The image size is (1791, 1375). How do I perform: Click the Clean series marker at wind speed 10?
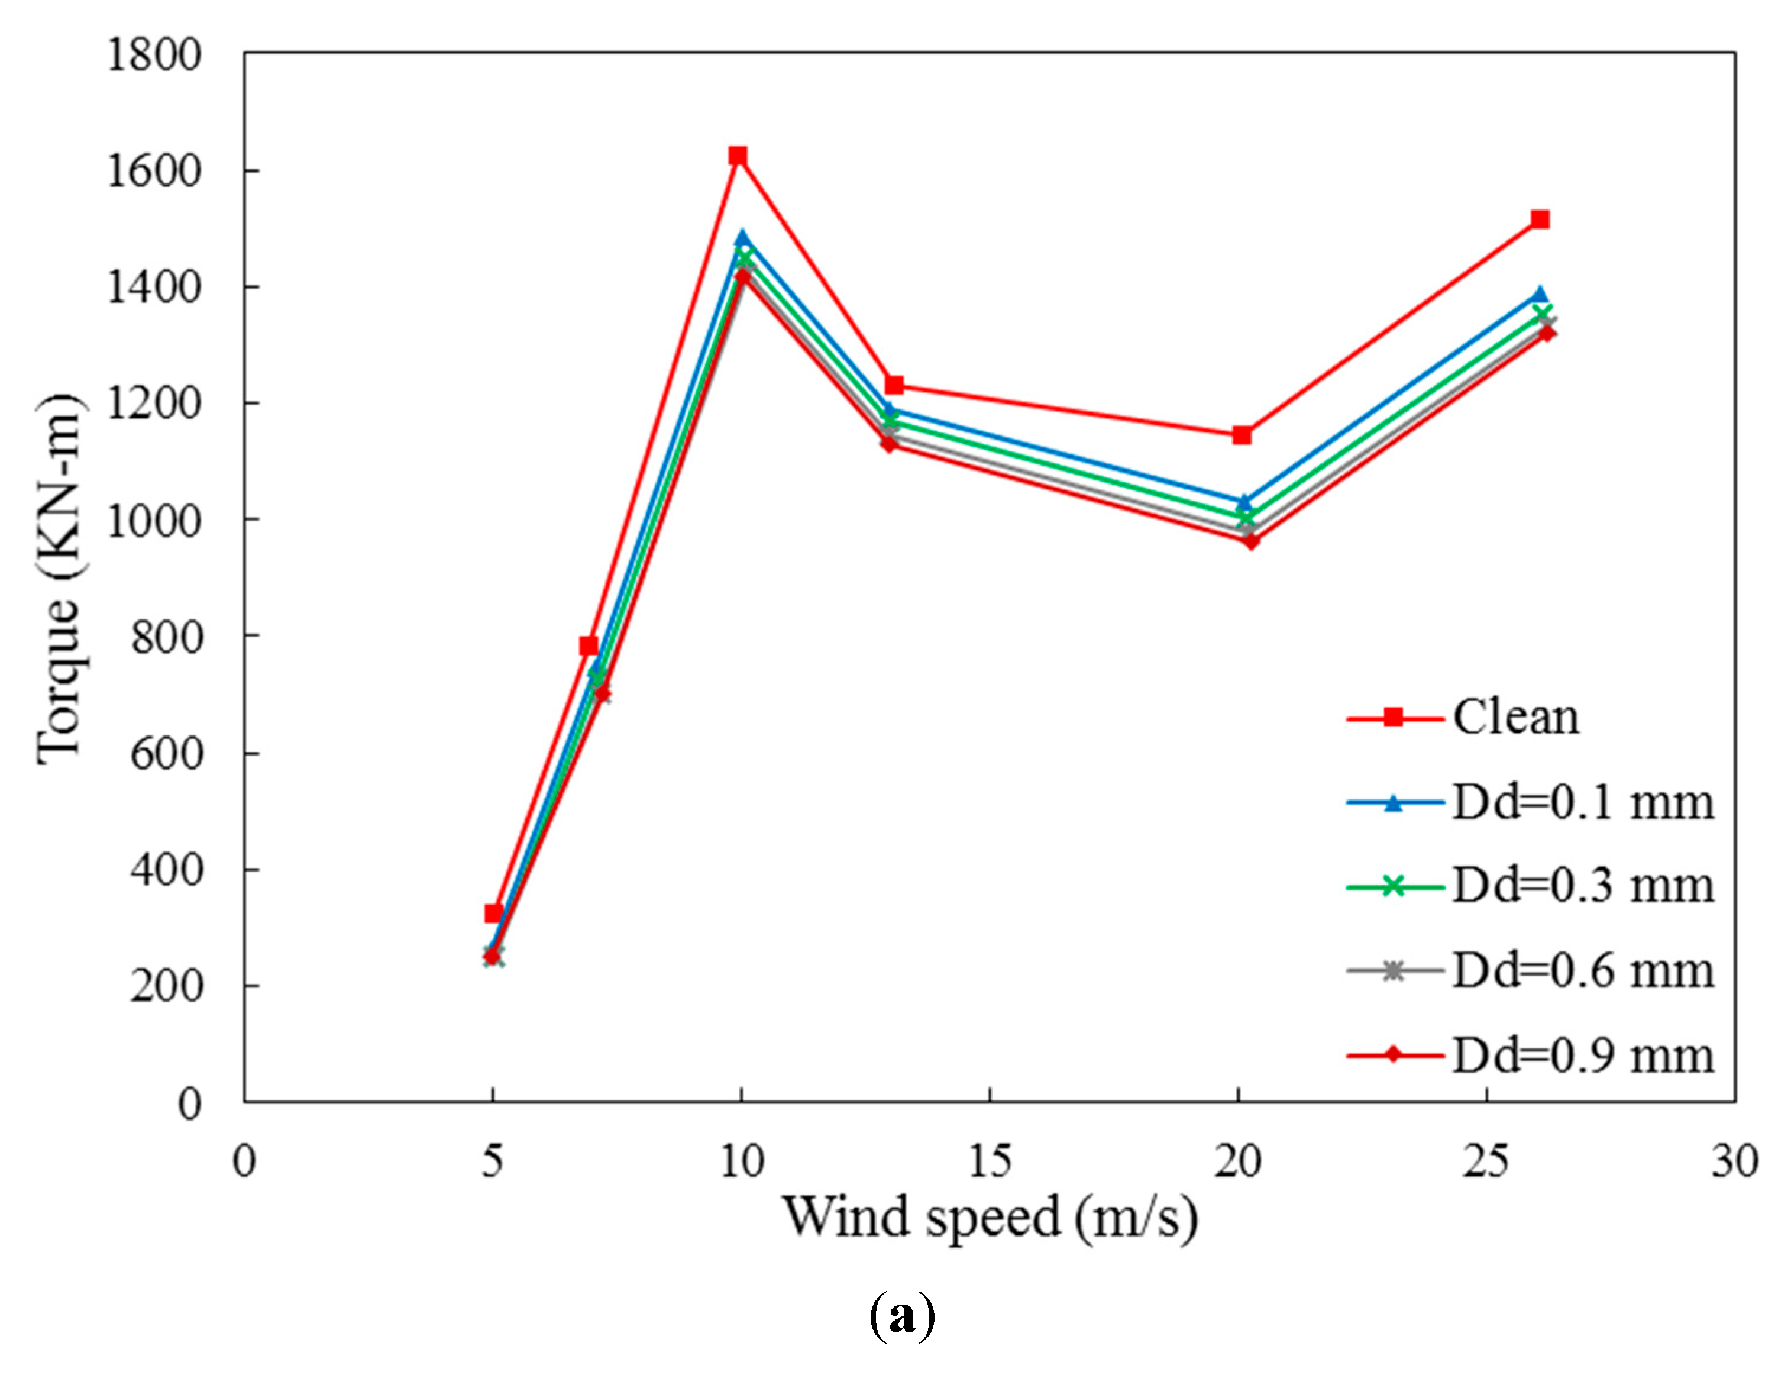click(738, 156)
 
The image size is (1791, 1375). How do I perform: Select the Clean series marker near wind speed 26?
click(1540, 220)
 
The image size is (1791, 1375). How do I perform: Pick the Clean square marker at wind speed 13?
click(894, 385)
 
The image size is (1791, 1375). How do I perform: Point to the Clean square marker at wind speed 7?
click(589, 645)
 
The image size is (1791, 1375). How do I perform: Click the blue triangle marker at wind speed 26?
click(1539, 295)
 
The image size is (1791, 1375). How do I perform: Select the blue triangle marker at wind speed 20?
click(1244, 502)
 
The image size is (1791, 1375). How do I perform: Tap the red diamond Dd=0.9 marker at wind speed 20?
click(1251, 541)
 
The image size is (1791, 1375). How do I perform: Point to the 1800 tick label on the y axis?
click(154, 56)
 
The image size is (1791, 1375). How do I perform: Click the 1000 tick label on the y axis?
click(154, 521)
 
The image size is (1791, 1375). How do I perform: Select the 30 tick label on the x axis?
click(1734, 1161)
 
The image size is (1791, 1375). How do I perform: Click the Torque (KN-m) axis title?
click(59, 579)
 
